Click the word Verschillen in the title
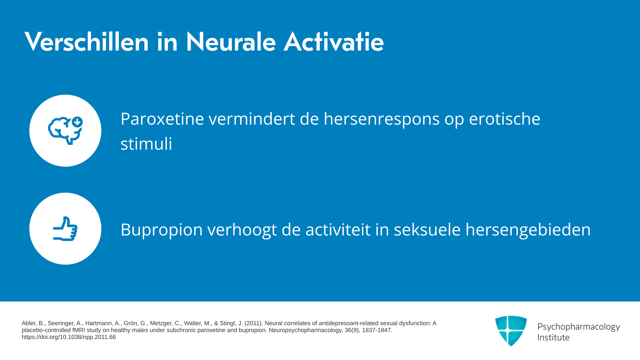coord(87,42)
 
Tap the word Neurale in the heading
coord(231,42)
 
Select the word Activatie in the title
coord(334,42)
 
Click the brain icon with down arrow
coord(65,131)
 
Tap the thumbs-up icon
coord(65,229)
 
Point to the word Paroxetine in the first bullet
coord(162,119)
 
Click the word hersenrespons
coord(382,119)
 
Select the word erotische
coord(505,119)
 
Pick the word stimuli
coord(146,144)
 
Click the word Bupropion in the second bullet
coord(162,230)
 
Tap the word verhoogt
coord(242,230)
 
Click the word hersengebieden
coord(528,230)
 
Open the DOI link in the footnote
coord(69,337)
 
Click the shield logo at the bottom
coord(511,331)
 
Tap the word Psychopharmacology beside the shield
coord(579,327)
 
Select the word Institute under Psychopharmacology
coord(553,337)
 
